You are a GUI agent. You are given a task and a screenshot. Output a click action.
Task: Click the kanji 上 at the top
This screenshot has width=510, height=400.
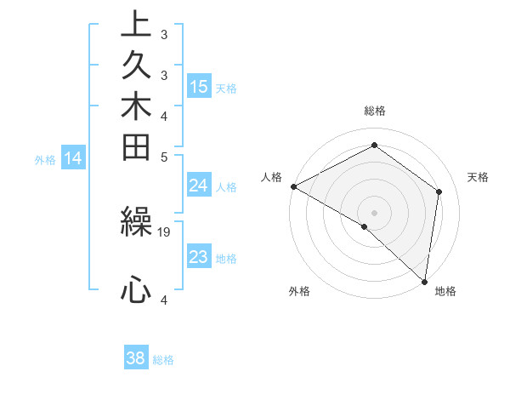point(135,25)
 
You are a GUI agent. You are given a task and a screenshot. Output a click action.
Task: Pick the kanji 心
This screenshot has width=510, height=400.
point(135,290)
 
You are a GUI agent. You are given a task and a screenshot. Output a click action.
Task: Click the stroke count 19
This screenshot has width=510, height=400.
point(164,231)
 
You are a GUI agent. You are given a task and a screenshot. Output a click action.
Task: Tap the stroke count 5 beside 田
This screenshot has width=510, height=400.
point(164,157)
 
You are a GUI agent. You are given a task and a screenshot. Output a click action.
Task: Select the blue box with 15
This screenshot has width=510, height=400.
point(199,87)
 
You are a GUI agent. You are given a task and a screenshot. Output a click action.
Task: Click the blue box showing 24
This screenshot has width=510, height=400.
point(199,186)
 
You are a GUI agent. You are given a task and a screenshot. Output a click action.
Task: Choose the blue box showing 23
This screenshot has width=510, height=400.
point(199,257)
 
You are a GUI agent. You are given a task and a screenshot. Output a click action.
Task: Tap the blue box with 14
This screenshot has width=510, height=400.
point(73,157)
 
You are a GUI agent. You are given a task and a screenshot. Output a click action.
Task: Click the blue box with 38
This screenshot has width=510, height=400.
point(136,358)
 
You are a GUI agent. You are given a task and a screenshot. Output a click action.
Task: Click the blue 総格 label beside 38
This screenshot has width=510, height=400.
point(163,360)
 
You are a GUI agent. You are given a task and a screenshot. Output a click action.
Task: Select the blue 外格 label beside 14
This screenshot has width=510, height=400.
point(45,158)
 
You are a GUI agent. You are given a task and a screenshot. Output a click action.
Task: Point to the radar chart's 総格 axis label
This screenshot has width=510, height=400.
point(374,111)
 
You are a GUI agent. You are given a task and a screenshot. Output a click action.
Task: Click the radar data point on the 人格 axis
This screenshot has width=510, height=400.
point(293,186)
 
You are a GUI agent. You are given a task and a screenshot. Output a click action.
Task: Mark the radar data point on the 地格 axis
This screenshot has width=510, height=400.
point(424,280)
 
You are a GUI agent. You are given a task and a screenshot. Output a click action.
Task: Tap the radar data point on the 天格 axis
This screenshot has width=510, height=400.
point(439,191)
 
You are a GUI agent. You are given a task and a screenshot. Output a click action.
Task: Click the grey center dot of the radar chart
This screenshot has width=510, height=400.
point(374,212)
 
